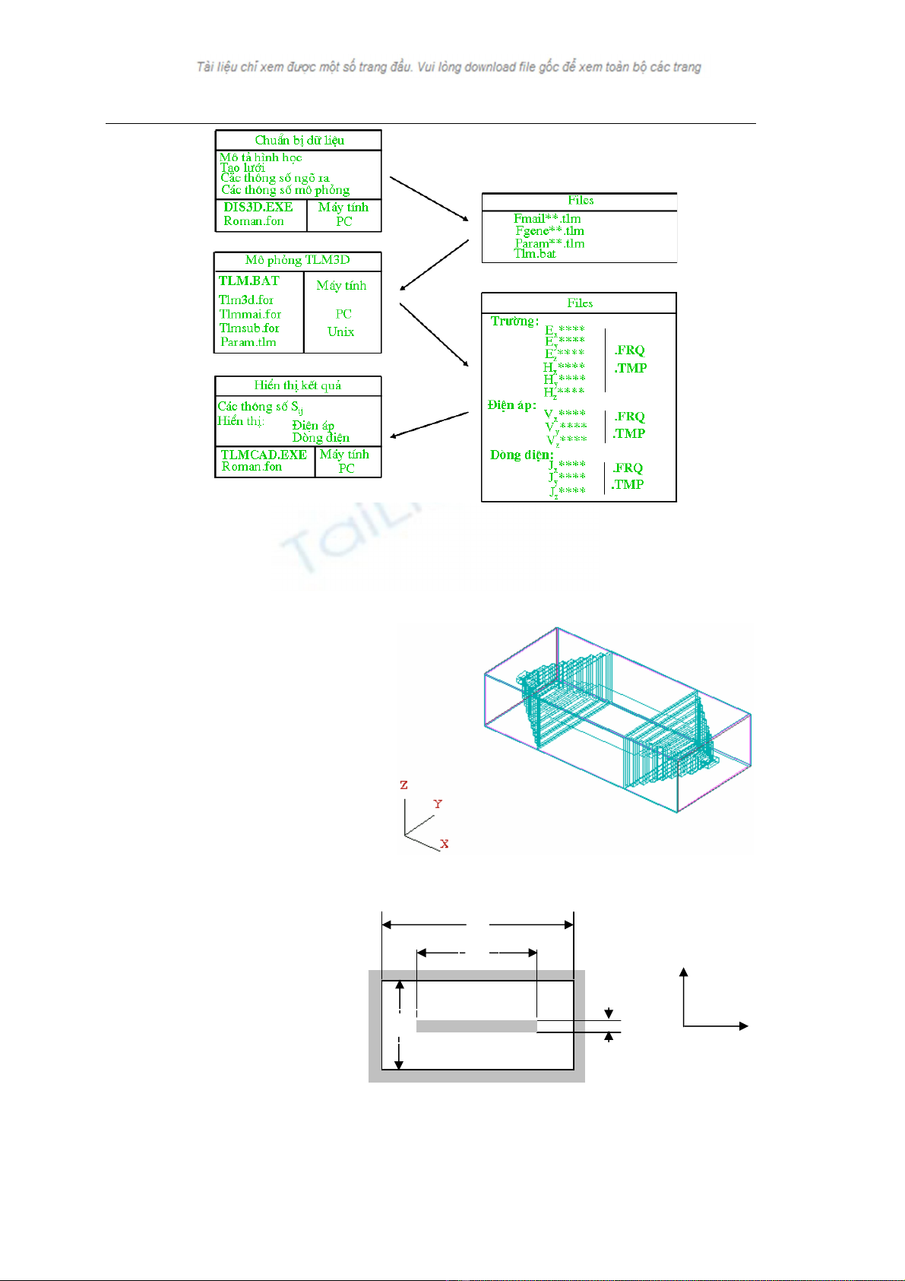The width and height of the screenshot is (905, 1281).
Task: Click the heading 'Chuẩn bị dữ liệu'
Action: [299, 140]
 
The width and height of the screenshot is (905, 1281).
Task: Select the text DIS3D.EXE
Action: [258, 207]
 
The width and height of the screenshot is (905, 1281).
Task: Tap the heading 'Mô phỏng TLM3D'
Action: [297, 260]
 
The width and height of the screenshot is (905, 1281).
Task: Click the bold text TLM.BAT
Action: [248, 281]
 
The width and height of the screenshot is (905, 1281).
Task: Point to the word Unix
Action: [341, 331]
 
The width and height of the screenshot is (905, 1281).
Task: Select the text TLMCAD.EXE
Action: [264, 455]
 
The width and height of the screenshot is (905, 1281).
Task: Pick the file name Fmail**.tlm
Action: [547, 219]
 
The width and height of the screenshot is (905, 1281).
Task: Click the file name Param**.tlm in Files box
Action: [549, 243]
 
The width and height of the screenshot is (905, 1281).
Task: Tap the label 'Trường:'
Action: [514, 321]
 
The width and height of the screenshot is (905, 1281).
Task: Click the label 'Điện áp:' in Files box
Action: [511, 405]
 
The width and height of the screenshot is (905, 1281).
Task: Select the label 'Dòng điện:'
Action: [521, 455]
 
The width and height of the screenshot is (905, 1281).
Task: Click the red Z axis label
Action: [403, 785]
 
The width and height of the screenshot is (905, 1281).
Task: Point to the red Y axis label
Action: [438, 804]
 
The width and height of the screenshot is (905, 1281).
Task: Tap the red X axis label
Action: [445, 844]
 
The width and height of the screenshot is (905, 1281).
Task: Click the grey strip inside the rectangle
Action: [476, 1026]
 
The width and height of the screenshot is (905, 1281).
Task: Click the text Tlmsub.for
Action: [249, 328]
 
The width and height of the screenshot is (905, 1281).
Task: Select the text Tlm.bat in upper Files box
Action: [534, 254]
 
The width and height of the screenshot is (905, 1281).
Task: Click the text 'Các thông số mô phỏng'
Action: [285, 190]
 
